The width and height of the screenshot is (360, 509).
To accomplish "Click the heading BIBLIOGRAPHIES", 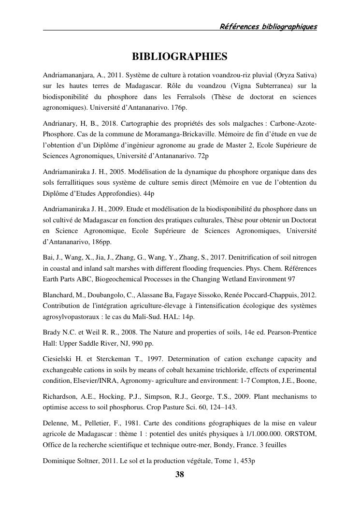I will coord(179,57).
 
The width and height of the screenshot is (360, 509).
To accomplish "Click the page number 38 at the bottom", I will coord(179,474).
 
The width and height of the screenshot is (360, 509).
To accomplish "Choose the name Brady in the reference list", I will coord(52,331).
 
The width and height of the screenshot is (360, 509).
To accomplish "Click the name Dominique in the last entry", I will coord(59,461).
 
